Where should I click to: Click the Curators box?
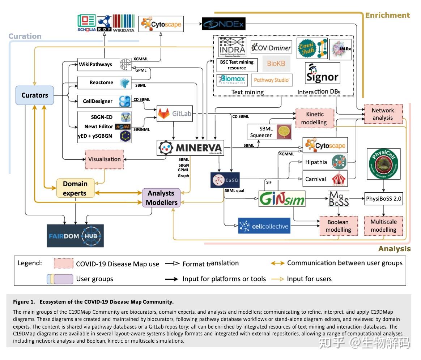(x=35, y=95)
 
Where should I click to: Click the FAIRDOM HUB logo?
(x=75, y=236)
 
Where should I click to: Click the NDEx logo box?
(x=223, y=24)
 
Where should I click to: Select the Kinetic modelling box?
(x=314, y=118)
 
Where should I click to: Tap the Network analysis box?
(x=382, y=114)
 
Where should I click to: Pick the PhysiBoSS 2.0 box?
(x=383, y=198)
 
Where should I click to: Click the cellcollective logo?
(x=264, y=226)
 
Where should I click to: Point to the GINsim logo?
(x=282, y=198)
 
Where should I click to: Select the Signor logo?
(x=322, y=73)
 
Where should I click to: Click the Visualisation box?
(x=104, y=159)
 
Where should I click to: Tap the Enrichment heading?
(x=387, y=15)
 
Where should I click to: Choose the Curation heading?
(x=25, y=36)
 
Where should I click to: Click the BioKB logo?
(x=276, y=64)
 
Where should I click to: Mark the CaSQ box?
(x=225, y=180)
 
